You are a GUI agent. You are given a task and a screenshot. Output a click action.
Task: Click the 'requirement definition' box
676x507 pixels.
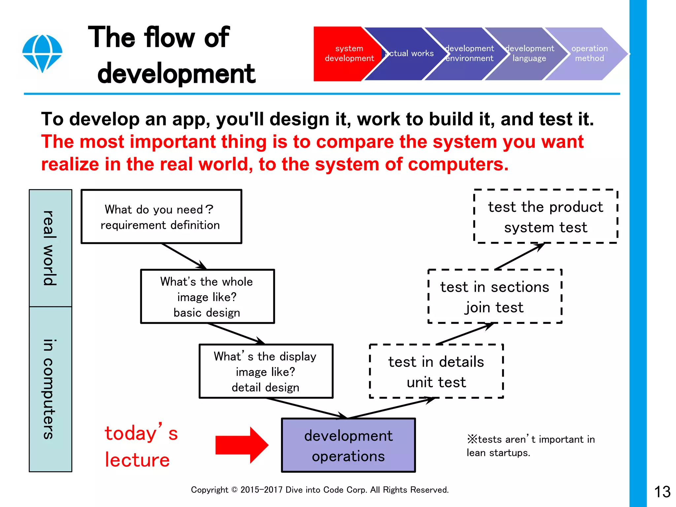(x=161, y=217)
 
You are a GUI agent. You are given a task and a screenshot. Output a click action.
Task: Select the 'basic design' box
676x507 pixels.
(x=207, y=296)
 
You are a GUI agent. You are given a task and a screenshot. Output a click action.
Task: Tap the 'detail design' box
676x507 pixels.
(x=266, y=371)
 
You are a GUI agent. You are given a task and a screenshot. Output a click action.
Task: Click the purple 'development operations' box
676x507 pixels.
(x=348, y=445)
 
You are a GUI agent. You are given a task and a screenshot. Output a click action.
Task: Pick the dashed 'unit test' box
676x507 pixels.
(x=436, y=371)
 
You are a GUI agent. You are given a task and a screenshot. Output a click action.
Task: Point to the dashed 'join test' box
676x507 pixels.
(x=494, y=296)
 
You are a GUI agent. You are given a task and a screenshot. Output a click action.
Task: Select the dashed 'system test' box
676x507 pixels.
(x=545, y=217)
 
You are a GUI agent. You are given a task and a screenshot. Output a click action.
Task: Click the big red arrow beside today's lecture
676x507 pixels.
(x=242, y=445)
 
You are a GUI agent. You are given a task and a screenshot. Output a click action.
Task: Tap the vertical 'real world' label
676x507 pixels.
(x=50, y=248)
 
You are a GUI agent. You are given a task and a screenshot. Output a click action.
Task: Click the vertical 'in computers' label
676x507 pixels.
(x=50, y=389)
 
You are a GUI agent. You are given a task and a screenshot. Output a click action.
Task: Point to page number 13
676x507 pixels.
(x=662, y=492)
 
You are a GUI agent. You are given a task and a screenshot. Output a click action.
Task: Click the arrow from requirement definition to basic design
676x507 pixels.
(x=184, y=256)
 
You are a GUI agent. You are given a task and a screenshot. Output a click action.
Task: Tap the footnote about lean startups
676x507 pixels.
(x=530, y=446)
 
